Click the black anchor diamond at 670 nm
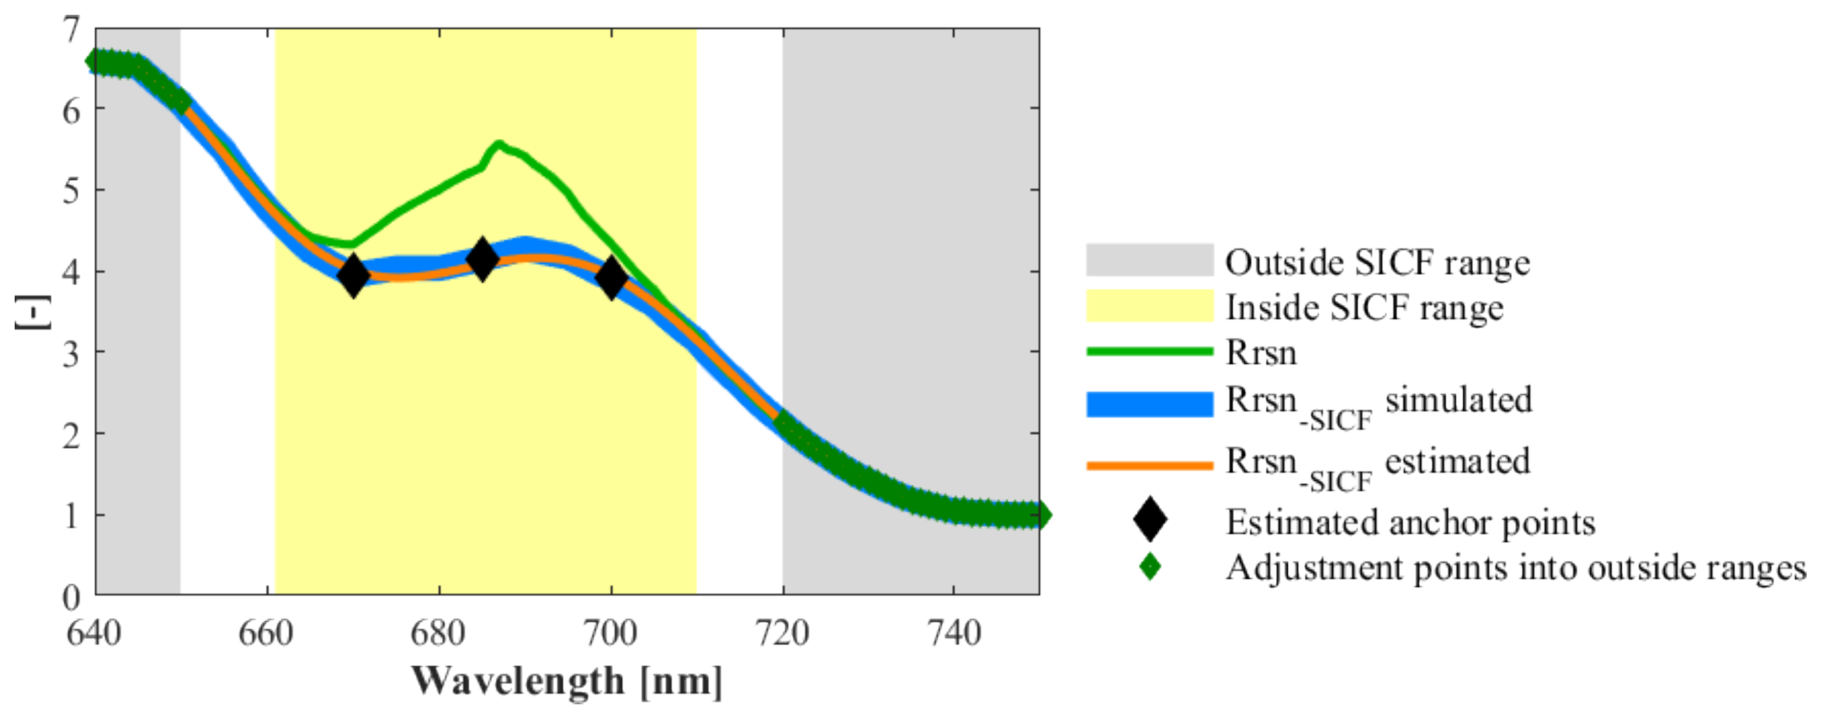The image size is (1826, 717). point(353,276)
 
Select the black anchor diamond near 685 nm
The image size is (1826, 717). point(482,259)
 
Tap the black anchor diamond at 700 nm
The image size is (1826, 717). point(611,277)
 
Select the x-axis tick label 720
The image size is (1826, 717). point(782,633)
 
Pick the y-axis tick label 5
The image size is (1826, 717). point(71,190)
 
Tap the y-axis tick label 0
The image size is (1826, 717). point(71,596)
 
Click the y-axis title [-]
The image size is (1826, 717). point(32,312)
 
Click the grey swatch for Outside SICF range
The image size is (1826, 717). point(1149,259)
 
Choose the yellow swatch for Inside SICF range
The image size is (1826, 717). point(1149,306)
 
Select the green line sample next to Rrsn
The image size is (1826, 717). point(1149,351)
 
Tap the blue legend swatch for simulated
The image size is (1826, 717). point(1149,404)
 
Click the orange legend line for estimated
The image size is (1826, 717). point(1149,465)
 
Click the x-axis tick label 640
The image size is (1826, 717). point(94,633)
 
